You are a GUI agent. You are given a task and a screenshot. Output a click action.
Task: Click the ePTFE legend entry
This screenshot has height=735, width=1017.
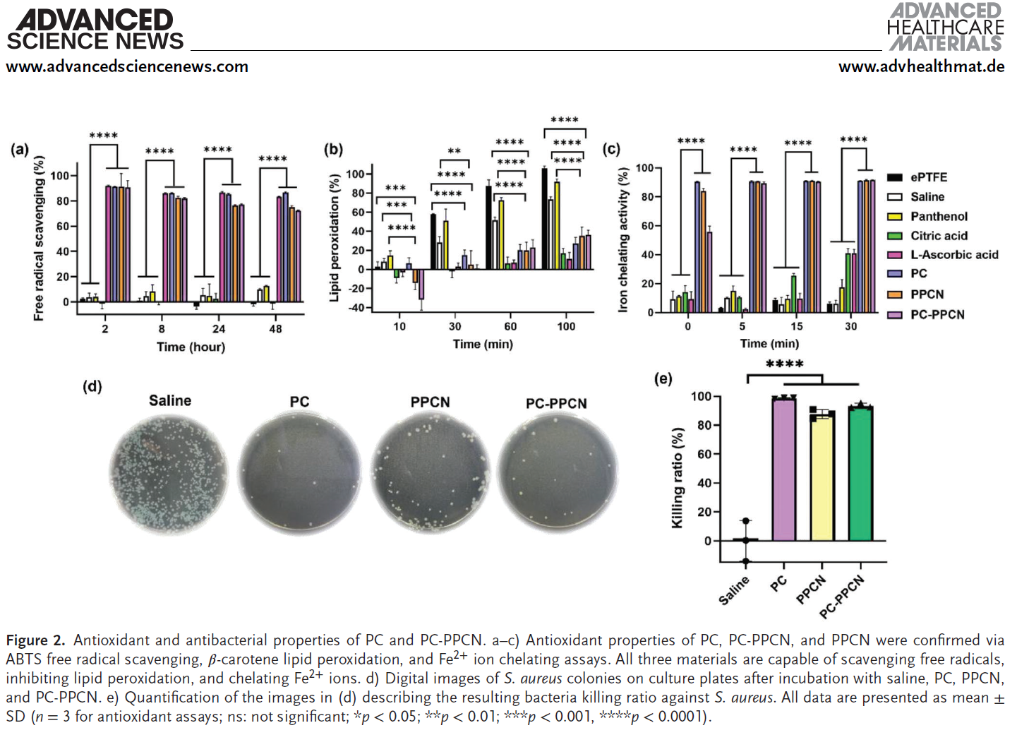coord(928,177)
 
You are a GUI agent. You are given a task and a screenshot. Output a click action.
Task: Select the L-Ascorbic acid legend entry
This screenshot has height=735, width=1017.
coord(953,255)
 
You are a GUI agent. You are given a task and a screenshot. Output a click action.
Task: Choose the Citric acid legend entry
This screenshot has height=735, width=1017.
coord(938,236)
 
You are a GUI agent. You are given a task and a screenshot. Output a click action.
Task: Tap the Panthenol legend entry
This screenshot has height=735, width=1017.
coord(938,217)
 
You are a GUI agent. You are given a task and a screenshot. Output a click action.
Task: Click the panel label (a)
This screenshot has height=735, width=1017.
coord(19,149)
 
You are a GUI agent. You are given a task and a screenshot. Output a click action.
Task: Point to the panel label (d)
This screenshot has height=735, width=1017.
coord(92,386)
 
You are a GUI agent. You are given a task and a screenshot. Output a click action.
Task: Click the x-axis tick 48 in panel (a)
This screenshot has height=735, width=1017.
coord(275,328)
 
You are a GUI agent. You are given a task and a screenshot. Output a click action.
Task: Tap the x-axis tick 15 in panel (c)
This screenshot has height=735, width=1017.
coord(796,326)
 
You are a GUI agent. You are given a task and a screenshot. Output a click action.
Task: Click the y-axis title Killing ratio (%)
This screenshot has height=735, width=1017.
coord(678,477)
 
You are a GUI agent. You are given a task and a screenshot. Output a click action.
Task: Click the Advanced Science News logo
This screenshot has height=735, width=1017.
coord(95,30)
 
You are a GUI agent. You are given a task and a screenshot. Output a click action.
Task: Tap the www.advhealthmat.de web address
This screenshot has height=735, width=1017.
coord(921,66)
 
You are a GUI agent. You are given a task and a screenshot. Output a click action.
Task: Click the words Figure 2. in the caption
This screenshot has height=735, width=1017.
coord(35,640)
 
